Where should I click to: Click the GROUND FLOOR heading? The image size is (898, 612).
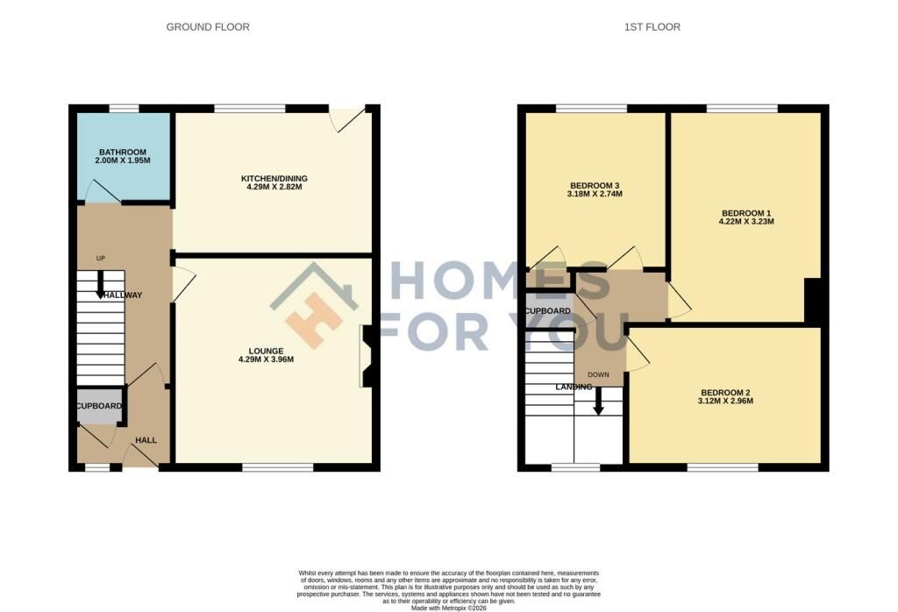point(208,27)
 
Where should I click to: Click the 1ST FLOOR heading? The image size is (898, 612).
point(652,27)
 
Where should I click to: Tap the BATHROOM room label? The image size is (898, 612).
point(123,153)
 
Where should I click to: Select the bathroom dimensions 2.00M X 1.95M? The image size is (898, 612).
point(123,160)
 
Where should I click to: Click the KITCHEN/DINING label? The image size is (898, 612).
point(274,179)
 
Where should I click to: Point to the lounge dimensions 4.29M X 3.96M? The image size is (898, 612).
point(267,359)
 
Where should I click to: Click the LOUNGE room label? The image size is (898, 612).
point(267,351)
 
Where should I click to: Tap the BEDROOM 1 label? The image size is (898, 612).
point(746,213)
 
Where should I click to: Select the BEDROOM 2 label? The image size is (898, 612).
point(725,393)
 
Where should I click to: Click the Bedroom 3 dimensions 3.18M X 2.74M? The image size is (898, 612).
point(595,194)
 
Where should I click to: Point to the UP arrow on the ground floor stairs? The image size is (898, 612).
point(100,283)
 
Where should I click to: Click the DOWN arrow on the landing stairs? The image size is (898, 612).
point(598,401)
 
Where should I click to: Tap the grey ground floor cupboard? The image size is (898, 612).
point(100,406)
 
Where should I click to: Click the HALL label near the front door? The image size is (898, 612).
point(146,440)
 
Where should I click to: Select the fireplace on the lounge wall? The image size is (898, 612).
point(367,356)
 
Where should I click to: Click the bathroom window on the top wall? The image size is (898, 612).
point(125,108)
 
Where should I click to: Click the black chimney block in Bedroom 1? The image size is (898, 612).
point(813,301)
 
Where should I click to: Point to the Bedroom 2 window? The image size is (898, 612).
point(723,467)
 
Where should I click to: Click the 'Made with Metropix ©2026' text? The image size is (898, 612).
point(449,608)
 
